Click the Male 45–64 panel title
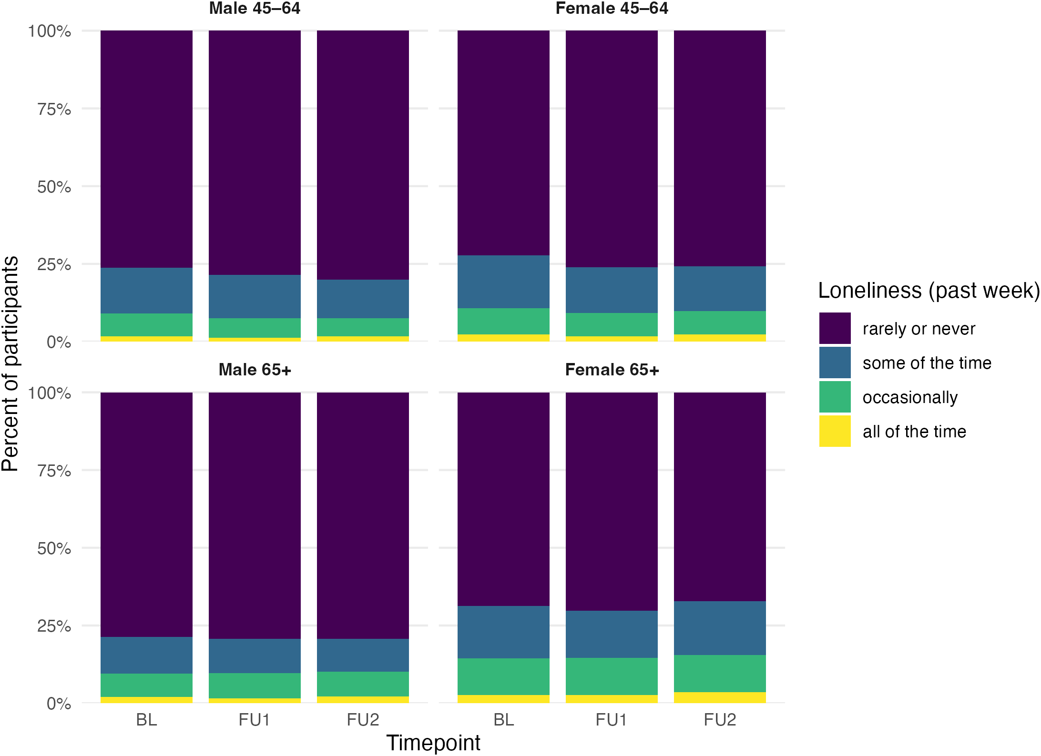[255, 9]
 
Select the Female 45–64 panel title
[612, 9]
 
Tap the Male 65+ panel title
[255, 370]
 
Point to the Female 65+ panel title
[612, 370]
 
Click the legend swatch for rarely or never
[835, 328]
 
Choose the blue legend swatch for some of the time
[835, 363]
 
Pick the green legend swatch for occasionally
[835, 397]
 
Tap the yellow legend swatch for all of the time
[835, 431]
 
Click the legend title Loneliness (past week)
[929, 291]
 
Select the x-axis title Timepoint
[433, 743]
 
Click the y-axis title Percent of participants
[10, 364]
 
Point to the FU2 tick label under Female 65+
[720, 719]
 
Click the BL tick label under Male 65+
[146, 719]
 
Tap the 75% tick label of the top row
[54, 109]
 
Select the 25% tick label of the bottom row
[54, 626]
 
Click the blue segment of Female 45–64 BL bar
[503, 282]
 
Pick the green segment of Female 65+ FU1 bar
[612, 676]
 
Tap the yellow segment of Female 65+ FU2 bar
[720, 697]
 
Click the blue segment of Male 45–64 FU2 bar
[363, 299]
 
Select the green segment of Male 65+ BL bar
[146, 685]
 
